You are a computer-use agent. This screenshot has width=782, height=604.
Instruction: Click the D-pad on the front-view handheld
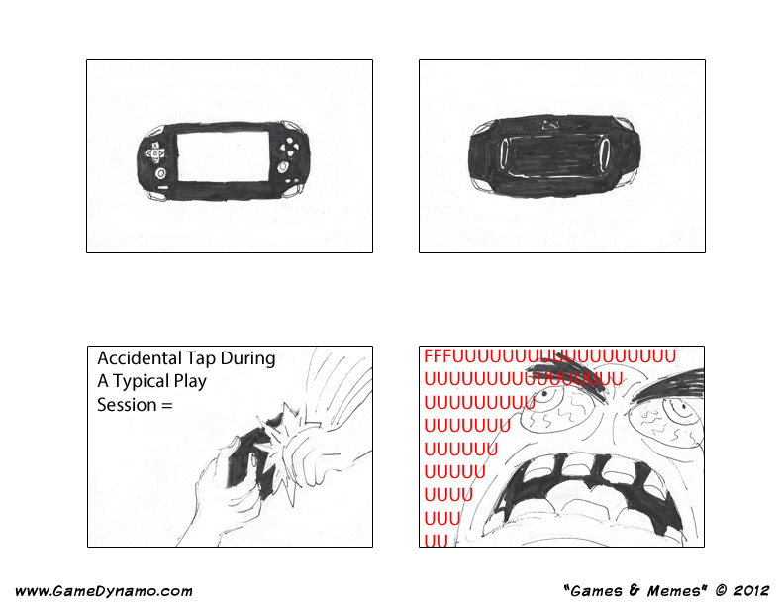(x=155, y=152)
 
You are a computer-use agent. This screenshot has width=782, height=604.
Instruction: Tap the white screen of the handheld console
(x=223, y=156)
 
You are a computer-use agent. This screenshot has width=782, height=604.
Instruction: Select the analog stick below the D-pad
(x=160, y=173)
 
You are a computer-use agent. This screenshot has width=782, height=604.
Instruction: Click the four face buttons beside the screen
(x=289, y=147)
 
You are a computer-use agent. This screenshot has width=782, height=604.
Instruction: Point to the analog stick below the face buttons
(x=283, y=166)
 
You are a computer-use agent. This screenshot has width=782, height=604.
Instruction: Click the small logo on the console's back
(x=551, y=125)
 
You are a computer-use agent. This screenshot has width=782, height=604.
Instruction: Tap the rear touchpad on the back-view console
(x=554, y=153)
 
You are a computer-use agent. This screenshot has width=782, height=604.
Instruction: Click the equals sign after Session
(x=167, y=405)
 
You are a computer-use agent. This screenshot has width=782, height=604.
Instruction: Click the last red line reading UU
(x=436, y=541)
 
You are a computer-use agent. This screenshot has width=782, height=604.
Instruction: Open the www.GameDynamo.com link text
(x=104, y=591)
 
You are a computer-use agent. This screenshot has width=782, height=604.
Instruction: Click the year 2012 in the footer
(x=751, y=591)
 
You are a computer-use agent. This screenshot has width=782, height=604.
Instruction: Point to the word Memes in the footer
(x=674, y=591)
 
